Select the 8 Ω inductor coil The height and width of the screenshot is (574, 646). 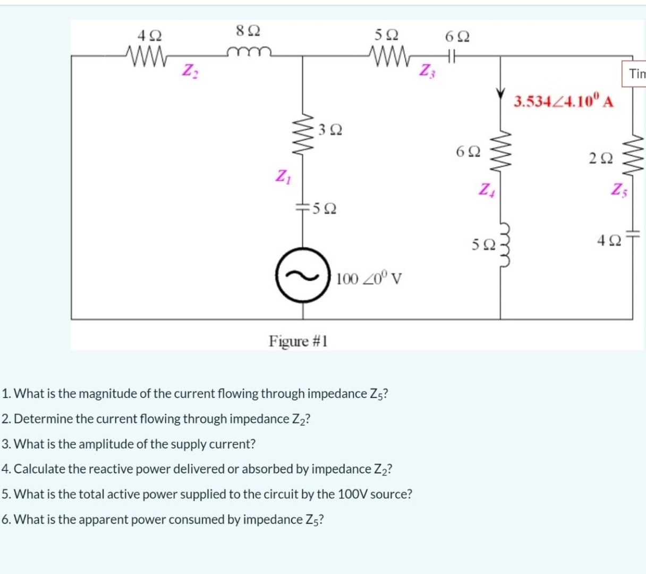click(x=249, y=51)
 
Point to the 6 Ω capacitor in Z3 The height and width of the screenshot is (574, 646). click(x=452, y=54)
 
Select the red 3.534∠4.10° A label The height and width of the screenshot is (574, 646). click(x=564, y=101)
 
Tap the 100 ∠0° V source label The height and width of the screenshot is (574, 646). click(x=369, y=278)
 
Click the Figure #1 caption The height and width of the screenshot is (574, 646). click(x=298, y=341)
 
